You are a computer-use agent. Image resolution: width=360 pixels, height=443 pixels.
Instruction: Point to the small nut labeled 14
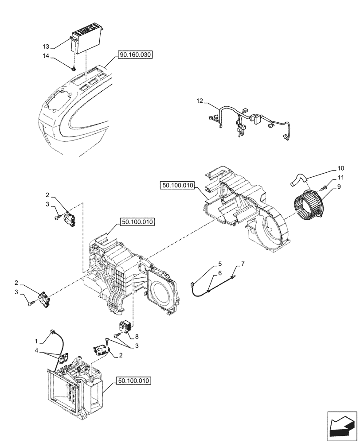point(74,68)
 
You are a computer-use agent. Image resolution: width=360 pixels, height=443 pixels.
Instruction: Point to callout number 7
point(243,264)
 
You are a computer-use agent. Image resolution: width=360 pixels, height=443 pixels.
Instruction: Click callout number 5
point(220,264)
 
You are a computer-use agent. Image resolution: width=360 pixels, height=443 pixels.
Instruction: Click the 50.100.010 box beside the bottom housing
point(134,381)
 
